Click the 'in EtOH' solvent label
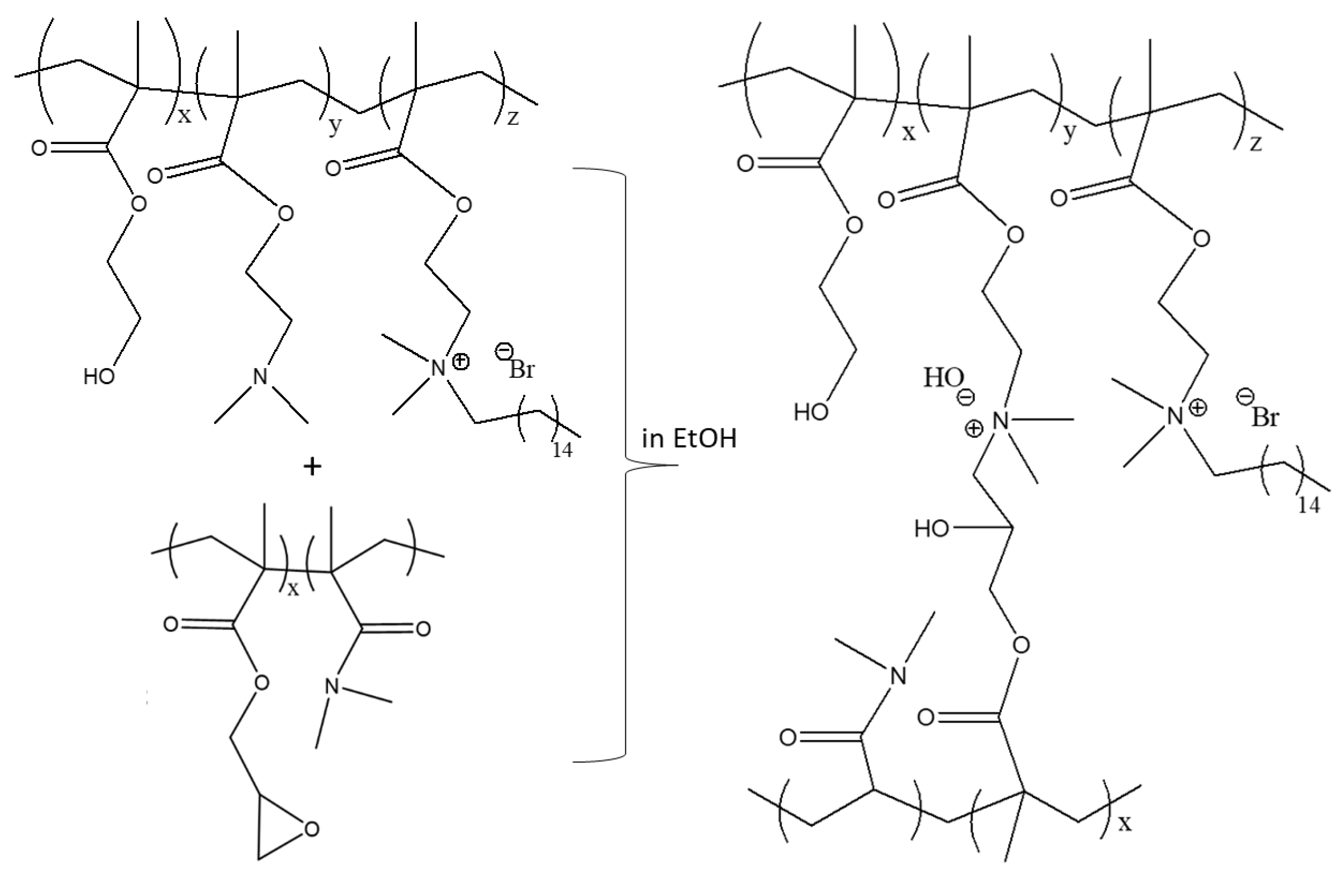(689, 439)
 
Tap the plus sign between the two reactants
(312, 466)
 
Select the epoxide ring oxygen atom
(311, 828)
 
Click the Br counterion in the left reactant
(521, 370)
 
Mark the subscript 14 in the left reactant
(562, 450)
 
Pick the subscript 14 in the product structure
(1309, 506)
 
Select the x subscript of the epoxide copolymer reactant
(293, 589)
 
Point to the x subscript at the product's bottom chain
(1125, 823)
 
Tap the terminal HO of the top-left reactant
(99, 376)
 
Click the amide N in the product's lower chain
(897, 675)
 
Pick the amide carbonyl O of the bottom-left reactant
(423, 629)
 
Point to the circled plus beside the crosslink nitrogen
(974, 429)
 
